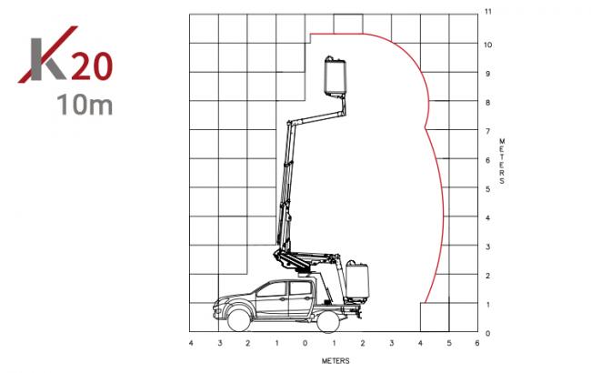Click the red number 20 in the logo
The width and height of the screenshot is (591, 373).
(x=92, y=66)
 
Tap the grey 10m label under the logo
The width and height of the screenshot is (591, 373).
(x=85, y=105)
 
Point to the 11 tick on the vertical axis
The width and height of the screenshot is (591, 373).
(x=488, y=12)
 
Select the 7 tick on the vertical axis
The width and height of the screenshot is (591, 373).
(x=487, y=131)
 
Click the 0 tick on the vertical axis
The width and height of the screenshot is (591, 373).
(x=488, y=333)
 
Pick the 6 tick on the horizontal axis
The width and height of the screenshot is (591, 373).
(x=477, y=343)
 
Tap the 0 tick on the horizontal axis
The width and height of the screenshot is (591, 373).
(x=305, y=343)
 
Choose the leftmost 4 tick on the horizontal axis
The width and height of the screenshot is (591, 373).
(x=191, y=343)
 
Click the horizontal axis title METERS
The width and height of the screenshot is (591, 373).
(x=336, y=361)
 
